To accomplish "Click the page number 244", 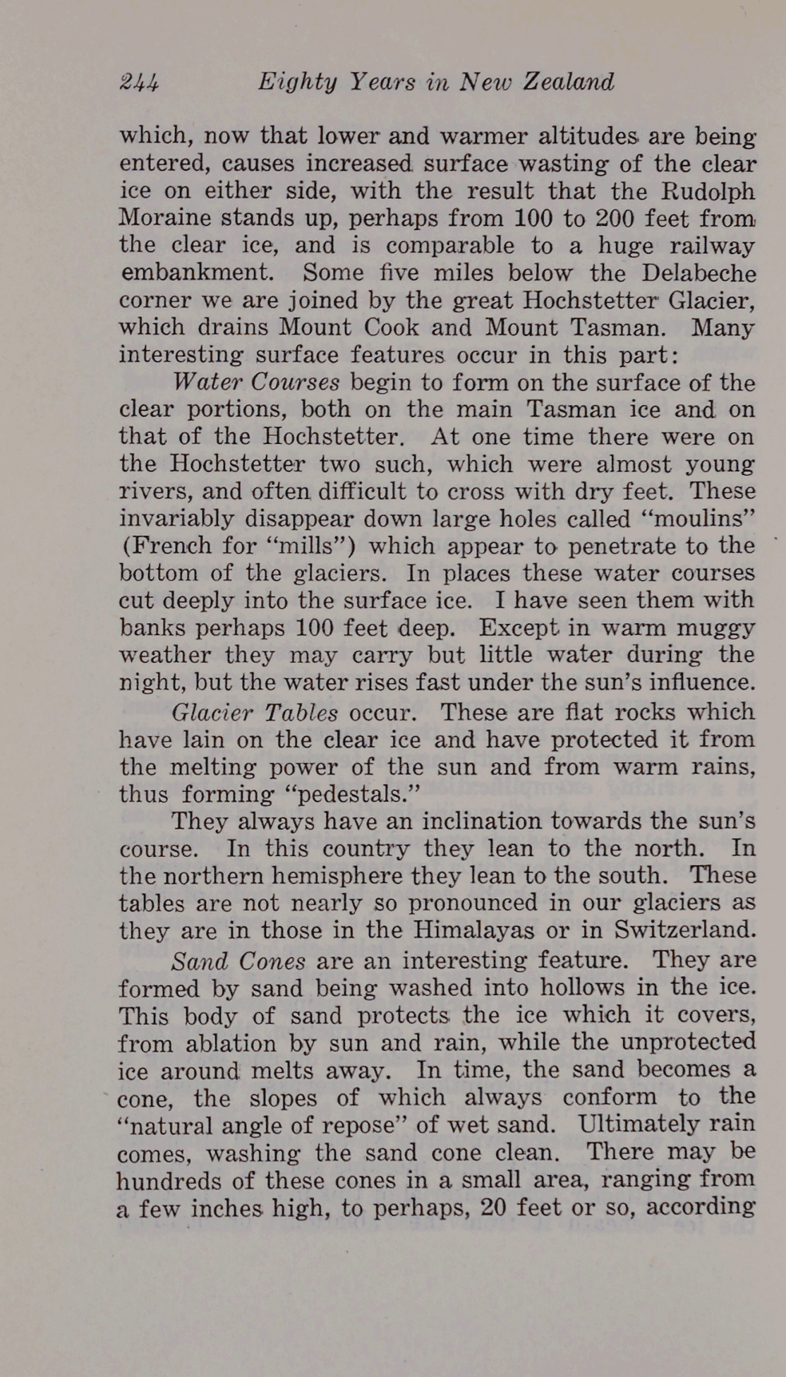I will pyautogui.click(x=140, y=83).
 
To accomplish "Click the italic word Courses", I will pyautogui.click(x=295, y=383).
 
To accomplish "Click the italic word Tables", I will pyautogui.click(x=301, y=712).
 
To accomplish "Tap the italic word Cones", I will pyautogui.click(x=272, y=961).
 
